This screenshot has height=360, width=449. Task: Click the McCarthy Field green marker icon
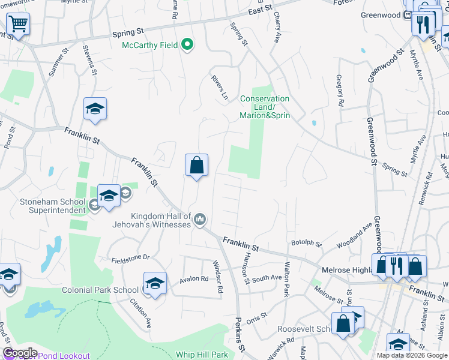(187, 45)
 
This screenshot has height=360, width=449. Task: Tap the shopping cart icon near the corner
(18, 25)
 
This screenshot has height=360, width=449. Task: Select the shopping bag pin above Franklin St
(196, 165)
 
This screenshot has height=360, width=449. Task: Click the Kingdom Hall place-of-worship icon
(200, 220)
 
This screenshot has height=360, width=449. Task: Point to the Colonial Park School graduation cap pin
(155, 283)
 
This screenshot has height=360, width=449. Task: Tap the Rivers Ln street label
(220, 88)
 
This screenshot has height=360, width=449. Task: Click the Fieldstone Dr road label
(130, 258)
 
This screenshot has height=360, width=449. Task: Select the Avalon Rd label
(193, 279)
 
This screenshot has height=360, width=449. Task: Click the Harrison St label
(246, 268)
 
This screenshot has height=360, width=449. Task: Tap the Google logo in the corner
(19, 353)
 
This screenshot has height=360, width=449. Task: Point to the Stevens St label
(90, 60)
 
